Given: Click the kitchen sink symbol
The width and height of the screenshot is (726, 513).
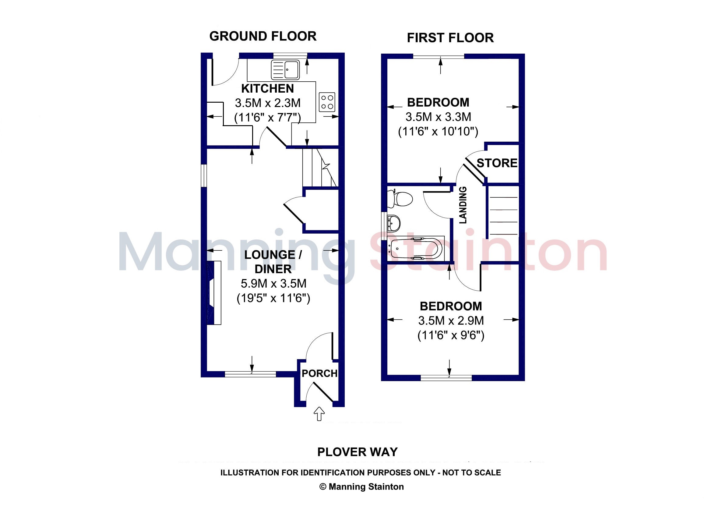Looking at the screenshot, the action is (285, 70).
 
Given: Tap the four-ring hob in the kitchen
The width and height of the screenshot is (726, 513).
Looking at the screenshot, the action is (327, 102).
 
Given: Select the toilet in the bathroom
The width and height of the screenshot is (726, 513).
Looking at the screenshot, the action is (400, 199).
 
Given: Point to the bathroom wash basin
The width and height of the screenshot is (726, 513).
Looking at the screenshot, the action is (394, 223).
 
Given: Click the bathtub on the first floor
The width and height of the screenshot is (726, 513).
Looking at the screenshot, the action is (416, 249).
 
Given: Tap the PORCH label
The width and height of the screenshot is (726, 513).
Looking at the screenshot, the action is (319, 373).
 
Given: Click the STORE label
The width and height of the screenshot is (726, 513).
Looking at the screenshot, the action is (497, 163).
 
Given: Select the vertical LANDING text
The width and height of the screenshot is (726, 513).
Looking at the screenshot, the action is (463, 205).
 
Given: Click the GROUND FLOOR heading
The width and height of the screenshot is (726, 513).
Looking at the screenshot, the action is (263, 36).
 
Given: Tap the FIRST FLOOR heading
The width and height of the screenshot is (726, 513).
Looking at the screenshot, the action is (450, 38).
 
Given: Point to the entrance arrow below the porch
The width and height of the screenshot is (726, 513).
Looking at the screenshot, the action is (319, 414).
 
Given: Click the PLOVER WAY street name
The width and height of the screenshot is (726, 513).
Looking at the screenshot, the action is (357, 452).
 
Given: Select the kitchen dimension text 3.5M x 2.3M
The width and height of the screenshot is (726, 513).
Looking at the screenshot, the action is (267, 103).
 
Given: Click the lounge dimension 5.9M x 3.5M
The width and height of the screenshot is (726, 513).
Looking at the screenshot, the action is (273, 284).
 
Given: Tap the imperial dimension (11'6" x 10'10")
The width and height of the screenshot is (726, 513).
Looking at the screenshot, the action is (438, 131).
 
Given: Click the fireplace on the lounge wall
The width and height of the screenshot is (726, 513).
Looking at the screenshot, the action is (214, 292).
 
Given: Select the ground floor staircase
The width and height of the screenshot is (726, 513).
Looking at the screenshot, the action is (320, 168).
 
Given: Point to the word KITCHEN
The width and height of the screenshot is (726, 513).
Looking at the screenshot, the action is (267, 89).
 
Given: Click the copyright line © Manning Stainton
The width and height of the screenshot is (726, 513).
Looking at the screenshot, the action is (362, 487).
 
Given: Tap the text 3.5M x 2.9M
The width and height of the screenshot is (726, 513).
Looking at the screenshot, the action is (451, 321).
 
